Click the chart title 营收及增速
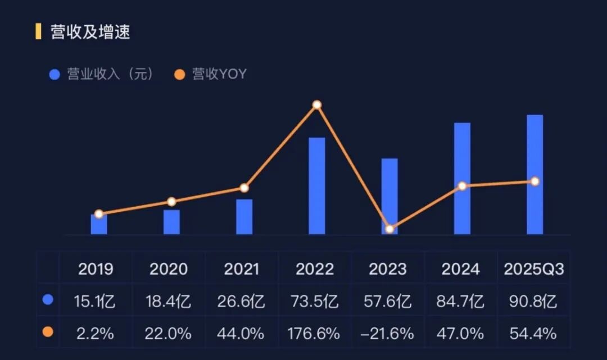pos(90,32)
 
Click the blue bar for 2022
pos(317,185)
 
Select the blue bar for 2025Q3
pos(535,174)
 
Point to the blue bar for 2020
pos(171,222)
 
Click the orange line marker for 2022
pos(317,105)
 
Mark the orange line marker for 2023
pos(389,229)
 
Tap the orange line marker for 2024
pos(462,186)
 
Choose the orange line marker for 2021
pos(244,188)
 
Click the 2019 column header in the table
pos(96,269)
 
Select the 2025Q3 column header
pos(533,269)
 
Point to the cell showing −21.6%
pos(388,334)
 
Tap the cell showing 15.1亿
pos(96,302)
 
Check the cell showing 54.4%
pos(533,334)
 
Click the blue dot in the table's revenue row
pos(48,300)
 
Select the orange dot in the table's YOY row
pos(48,332)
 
